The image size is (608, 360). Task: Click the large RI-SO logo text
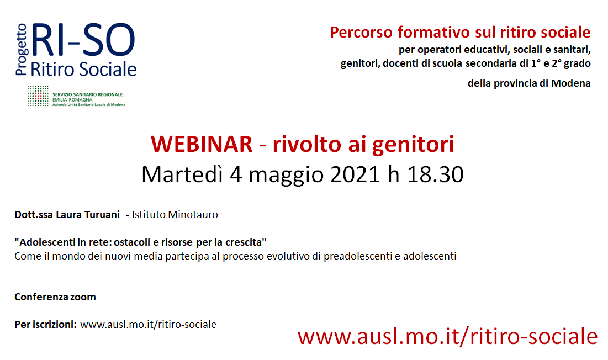coord(83,40)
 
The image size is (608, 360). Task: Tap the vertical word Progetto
coord(22,49)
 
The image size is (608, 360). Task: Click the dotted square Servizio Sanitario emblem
coord(38,96)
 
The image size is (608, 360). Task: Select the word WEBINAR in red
coord(201,144)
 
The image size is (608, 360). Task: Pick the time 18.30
coord(435,175)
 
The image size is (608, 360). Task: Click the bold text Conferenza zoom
coord(55,297)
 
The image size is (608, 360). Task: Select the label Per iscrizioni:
coord(45,324)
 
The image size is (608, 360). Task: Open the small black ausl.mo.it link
coord(148,325)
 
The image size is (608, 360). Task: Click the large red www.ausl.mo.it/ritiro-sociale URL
coord(447,336)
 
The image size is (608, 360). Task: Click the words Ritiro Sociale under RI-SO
coord(83,70)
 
